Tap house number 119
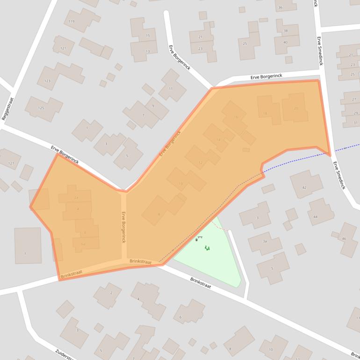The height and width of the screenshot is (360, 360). [72, 22]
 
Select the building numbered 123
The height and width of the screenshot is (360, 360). [47, 81]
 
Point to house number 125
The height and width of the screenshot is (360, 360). [41, 108]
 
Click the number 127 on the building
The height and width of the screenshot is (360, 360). [11, 164]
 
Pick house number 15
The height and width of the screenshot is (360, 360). [148, 36]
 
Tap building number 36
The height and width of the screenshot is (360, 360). [280, 7]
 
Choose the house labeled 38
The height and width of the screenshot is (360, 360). [286, 31]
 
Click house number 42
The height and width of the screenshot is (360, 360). [304, 187]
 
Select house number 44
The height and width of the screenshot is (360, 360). [316, 217]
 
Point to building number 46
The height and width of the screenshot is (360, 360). [344, 239]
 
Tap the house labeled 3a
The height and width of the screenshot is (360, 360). [265, 241]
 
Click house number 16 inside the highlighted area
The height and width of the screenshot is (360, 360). [236, 117]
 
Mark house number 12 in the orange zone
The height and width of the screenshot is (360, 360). [201, 163]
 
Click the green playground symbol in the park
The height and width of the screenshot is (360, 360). [207, 248]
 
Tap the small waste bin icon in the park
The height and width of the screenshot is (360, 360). [196, 239]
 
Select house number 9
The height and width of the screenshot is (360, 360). [153, 106]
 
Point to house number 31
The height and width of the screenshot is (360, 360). [356, 122]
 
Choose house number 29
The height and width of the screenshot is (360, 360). [356, 113]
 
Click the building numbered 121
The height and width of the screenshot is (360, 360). [63, 48]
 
